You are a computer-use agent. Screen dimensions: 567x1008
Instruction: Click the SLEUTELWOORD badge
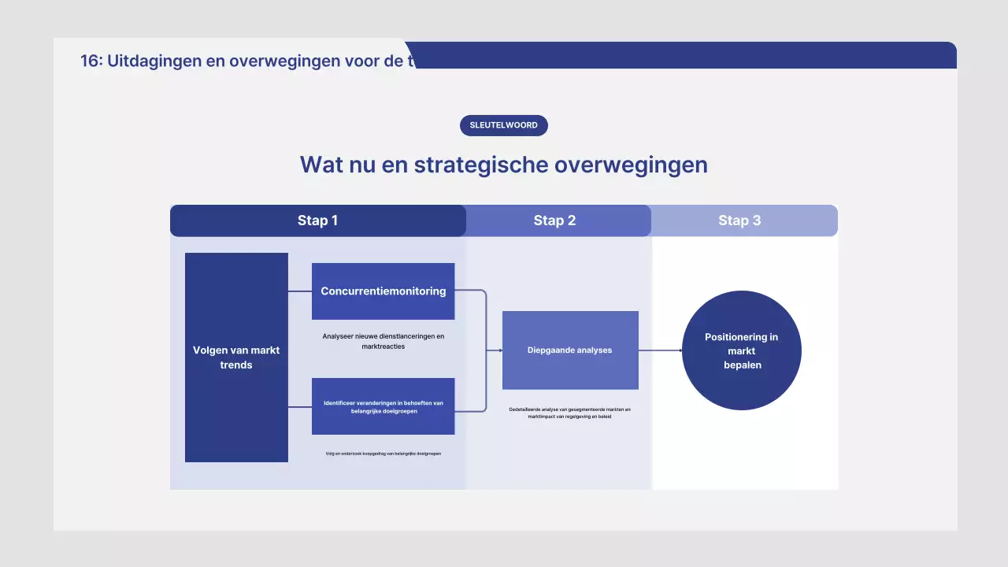coord(504,125)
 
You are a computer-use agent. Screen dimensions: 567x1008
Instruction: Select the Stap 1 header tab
coord(317,220)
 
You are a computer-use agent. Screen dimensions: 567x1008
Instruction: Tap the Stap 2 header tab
coord(554,220)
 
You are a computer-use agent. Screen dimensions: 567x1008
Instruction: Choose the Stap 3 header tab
coord(739,220)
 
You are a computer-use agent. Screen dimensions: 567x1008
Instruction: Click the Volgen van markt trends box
coord(236,358)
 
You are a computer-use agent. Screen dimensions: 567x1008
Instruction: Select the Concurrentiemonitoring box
coord(383,291)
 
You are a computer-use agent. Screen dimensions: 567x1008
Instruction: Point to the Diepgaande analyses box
coord(569,350)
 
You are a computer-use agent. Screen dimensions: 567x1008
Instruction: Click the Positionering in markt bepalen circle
coord(741,350)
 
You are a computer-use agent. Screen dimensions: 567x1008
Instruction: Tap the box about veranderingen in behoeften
coord(383,406)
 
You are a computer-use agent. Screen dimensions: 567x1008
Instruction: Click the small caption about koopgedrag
coord(383,454)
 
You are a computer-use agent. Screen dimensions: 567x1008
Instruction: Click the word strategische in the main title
coord(481,165)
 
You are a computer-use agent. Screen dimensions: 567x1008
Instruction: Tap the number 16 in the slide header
coord(91,61)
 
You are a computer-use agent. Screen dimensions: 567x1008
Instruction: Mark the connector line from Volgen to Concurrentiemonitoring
coord(300,291)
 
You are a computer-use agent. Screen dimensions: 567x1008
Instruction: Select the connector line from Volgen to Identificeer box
coord(300,407)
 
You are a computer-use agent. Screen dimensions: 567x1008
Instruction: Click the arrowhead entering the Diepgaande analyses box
coord(499,350)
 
